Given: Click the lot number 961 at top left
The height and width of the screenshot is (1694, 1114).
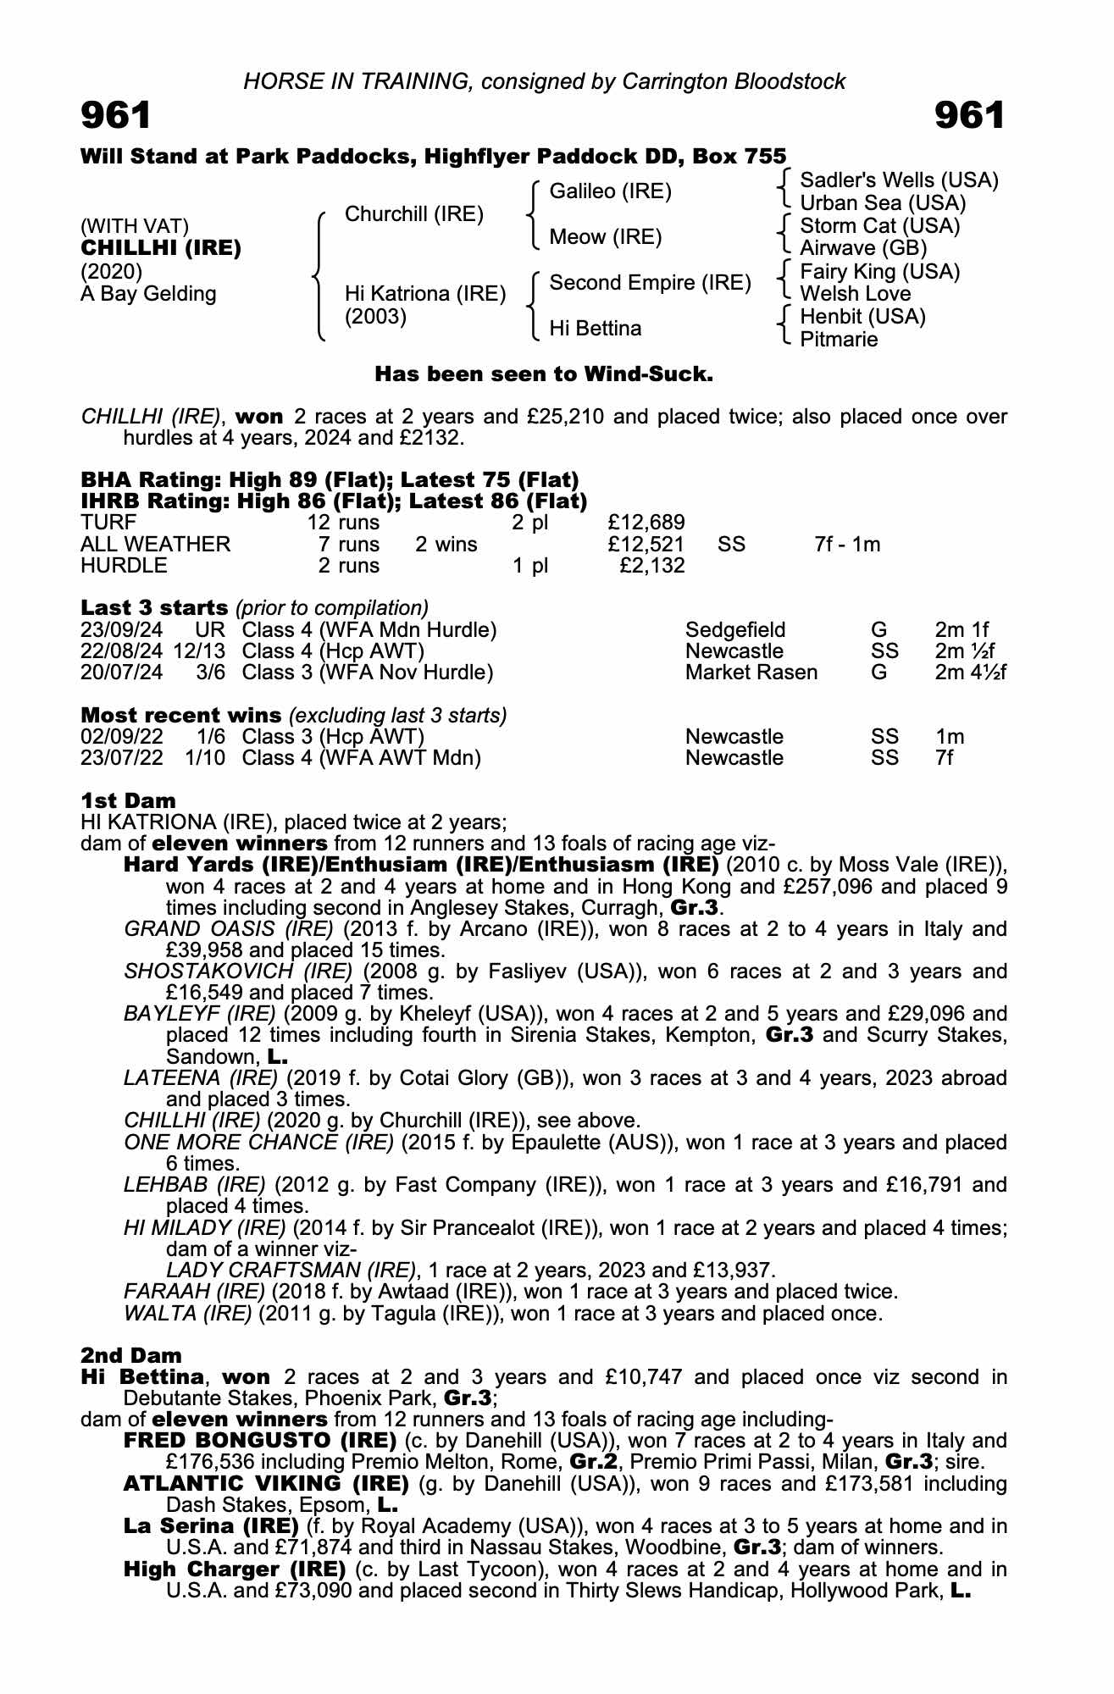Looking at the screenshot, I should (x=116, y=116).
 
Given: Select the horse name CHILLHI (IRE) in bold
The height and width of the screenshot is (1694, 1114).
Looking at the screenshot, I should (x=161, y=248).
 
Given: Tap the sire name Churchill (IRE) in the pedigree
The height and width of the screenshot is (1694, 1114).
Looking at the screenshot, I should (x=413, y=214).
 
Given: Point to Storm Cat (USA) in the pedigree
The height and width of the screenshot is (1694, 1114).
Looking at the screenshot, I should (x=879, y=226).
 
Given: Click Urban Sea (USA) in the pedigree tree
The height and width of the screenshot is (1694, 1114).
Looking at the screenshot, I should (x=883, y=203).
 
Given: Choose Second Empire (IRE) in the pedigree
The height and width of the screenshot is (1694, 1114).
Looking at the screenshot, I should (x=650, y=283).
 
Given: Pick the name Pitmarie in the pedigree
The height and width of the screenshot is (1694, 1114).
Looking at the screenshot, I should (x=839, y=340).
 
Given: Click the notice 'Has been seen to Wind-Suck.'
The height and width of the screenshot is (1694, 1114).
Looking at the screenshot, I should (x=543, y=374).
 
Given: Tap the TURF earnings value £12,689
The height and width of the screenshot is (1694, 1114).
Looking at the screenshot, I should (x=646, y=523).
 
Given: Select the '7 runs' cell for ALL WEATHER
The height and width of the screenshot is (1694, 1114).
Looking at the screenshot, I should (x=348, y=545).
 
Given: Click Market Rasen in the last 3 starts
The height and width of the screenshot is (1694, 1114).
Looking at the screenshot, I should (x=751, y=673).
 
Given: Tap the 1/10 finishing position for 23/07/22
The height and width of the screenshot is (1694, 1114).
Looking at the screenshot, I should (x=205, y=758).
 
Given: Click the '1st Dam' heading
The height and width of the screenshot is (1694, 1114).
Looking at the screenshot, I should (x=128, y=800).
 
